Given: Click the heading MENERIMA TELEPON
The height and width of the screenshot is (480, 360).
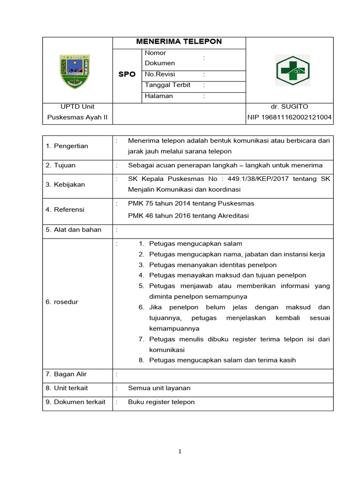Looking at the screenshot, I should pyautogui.click(x=179, y=42).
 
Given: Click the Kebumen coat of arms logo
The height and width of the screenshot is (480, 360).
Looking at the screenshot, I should pyautogui.click(x=75, y=71).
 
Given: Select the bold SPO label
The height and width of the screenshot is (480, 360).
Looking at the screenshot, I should pyautogui.click(x=127, y=75).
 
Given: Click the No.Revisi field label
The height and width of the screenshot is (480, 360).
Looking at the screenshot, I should pyautogui.click(x=160, y=75).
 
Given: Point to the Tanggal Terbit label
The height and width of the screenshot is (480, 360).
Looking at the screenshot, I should pyautogui.click(x=167, y=85).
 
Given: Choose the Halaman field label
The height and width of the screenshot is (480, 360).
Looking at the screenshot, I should pyautogui.click(x=159, y=96).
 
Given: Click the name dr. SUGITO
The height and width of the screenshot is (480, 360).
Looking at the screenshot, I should pyautogui.click(x=290, y=107).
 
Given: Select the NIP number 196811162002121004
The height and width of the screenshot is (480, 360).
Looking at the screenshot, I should pyautogui.click(x=290, y=117).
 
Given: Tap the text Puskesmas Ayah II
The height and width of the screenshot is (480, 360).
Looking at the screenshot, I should pyautogui.click(x=77, y=117).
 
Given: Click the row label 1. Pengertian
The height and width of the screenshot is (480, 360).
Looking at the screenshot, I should pyautogui.click(x=67, y=146).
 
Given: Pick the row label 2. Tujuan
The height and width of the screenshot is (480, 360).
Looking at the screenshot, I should pyautogui.click(x=60, y=165).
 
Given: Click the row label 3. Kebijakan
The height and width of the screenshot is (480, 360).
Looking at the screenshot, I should pyautogui.click(x=65, y=185).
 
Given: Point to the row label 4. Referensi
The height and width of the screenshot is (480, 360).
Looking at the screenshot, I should pyautogui.click(x=65, y=210).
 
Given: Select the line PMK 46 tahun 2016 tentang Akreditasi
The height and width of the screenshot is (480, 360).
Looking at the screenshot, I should pyautogui.click(x=188, y=216).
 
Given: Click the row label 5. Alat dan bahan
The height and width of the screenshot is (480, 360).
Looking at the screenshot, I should pyautogui.click(x=74, y=230).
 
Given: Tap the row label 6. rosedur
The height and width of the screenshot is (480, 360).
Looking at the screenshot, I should pyautogui.click(x=62, y=302).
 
